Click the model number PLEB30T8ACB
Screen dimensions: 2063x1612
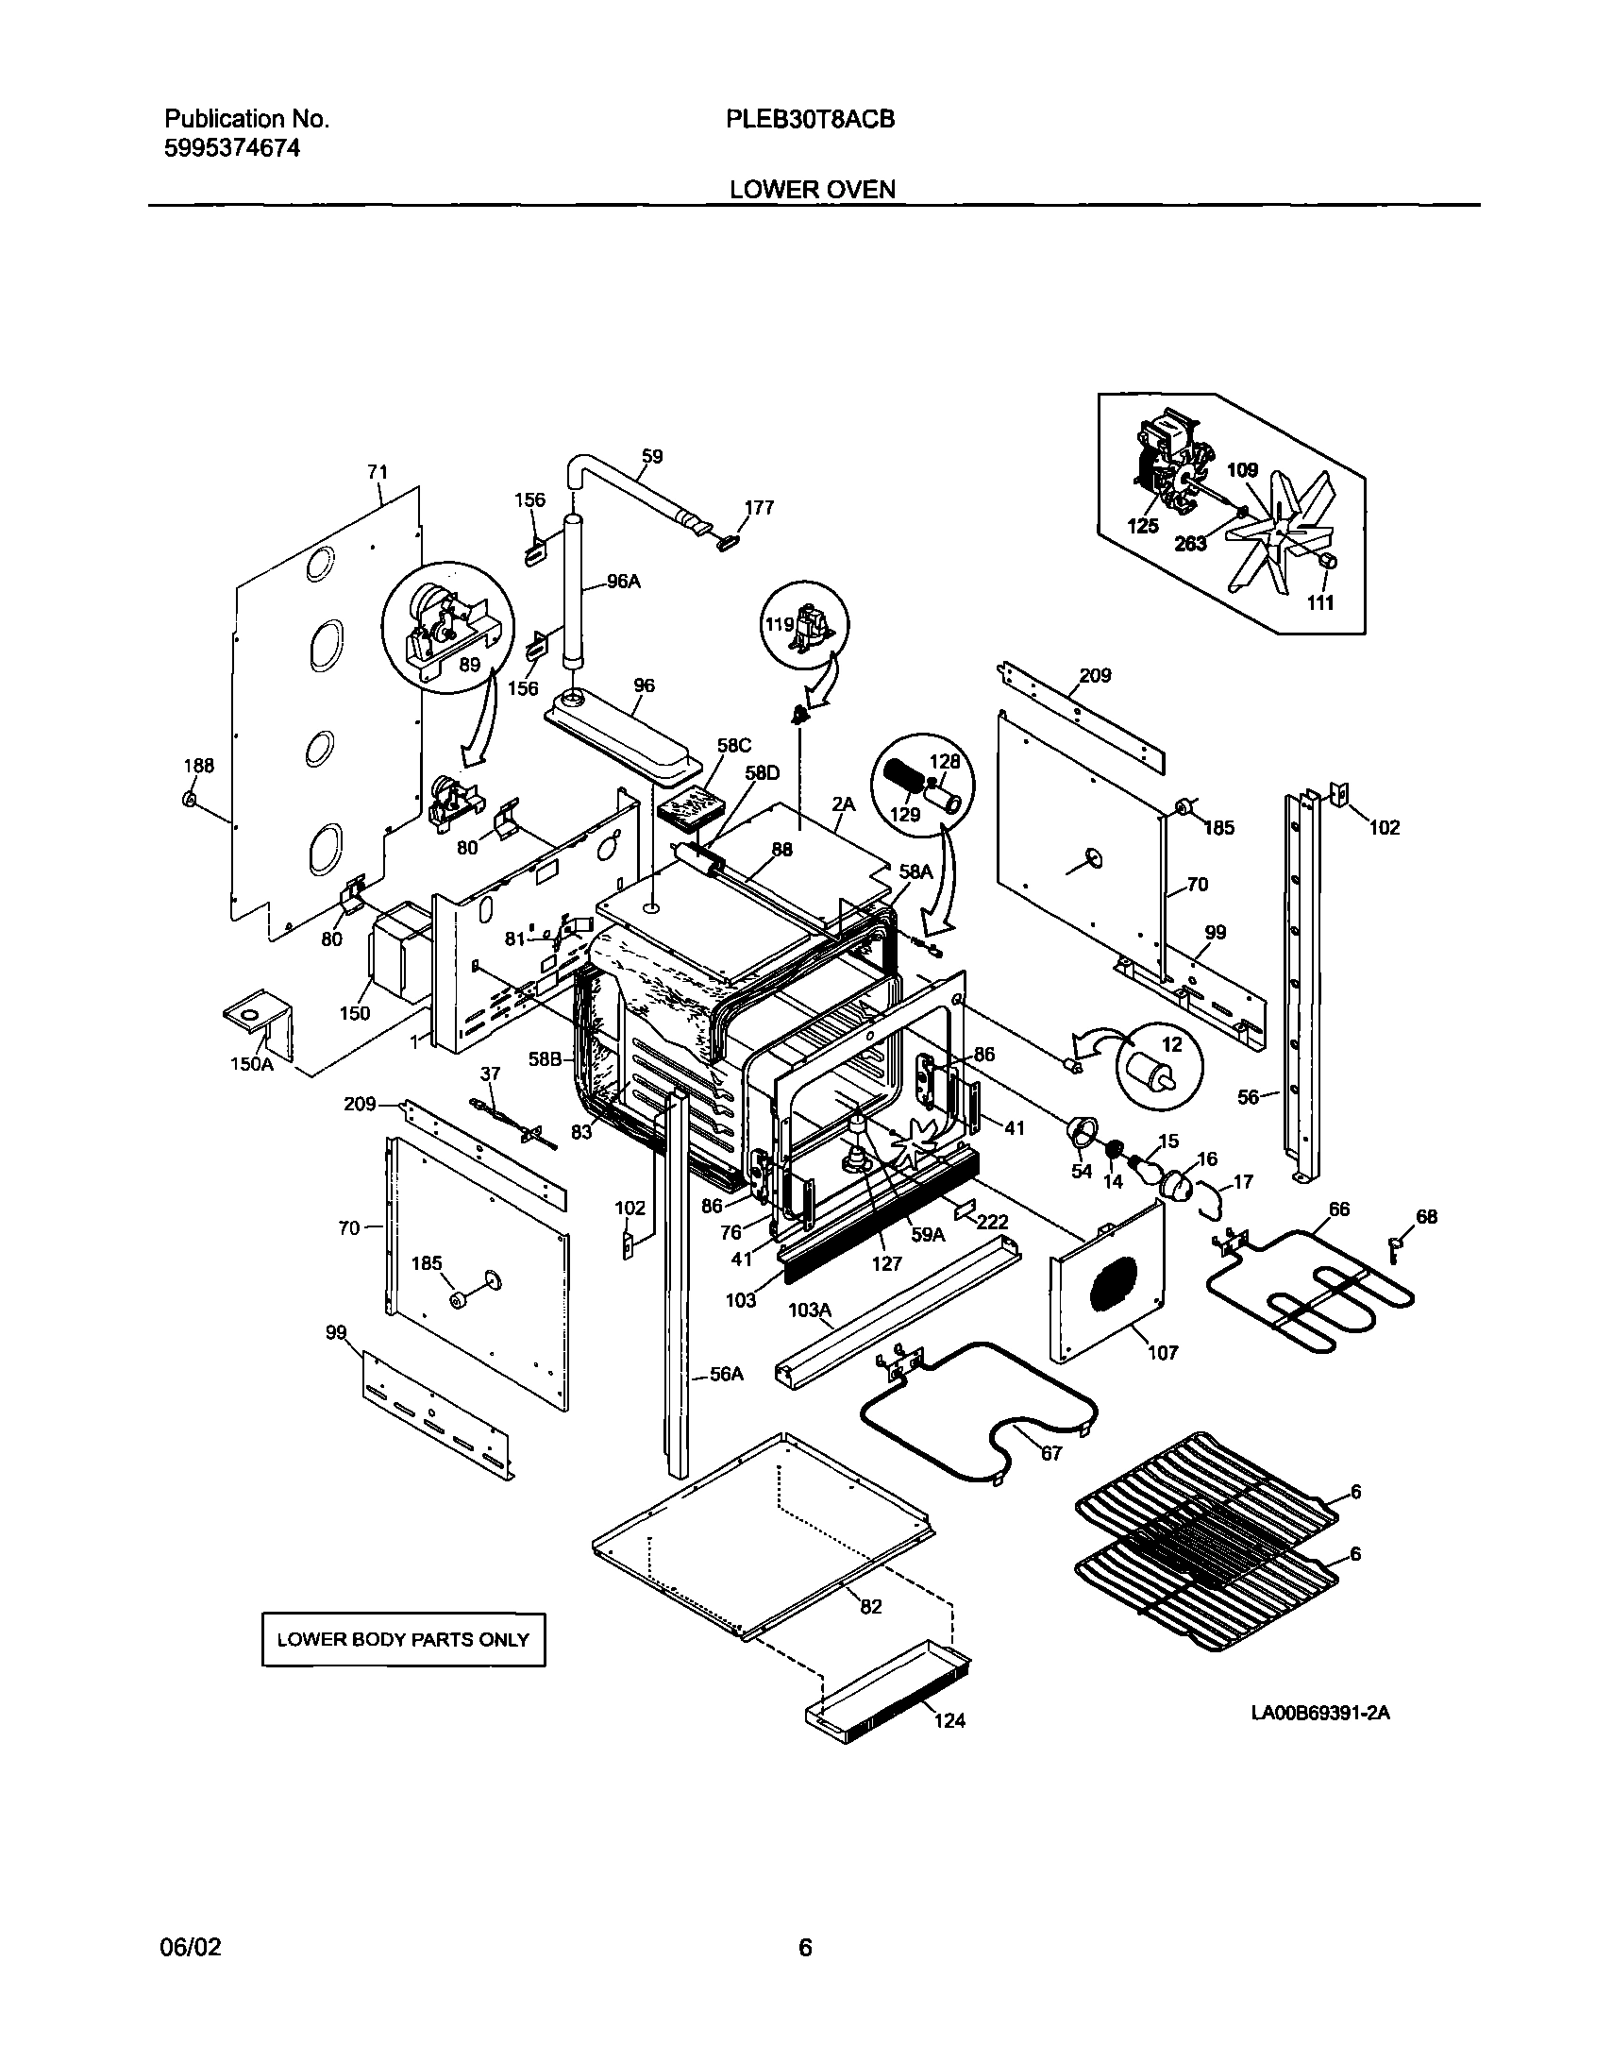click(811, 120)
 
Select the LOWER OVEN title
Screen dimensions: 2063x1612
click(813, 190)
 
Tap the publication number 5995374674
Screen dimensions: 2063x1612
click(232, 148)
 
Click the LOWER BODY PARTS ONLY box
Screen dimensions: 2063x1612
click(403, 1640)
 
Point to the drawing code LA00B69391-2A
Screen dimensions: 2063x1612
click(1320, 1713)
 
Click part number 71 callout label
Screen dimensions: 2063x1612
click(378, 471)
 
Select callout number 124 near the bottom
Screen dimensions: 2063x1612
click(950, 1720)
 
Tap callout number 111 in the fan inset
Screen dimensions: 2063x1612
click(1319, 602)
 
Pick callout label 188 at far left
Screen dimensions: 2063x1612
click(198, 766)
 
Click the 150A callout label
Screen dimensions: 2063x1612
click(252, 1065)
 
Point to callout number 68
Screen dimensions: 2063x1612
click(1426, 1217)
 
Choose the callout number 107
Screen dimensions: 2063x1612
click(1163, 1353)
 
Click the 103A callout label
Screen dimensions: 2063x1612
click(811, 1311)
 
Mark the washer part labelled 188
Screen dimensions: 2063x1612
click(189, 801)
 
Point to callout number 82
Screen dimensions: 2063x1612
click(871, 1606)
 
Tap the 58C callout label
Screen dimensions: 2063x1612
click(733, 745)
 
